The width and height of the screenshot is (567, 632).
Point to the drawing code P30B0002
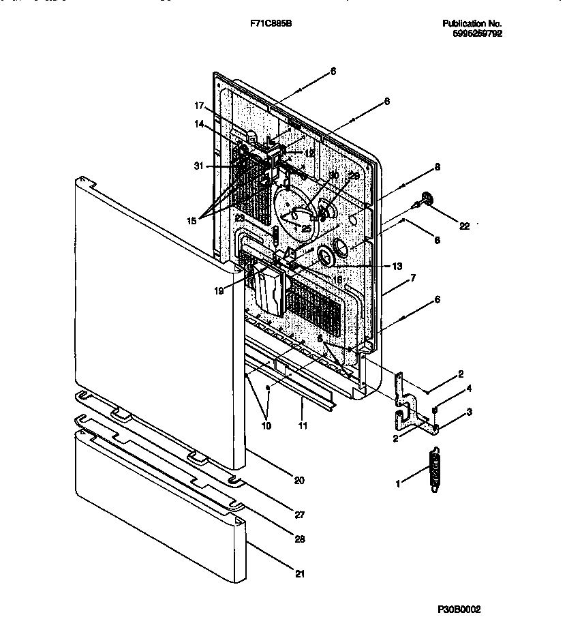(x=459, y=610)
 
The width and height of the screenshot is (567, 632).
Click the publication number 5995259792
(x=477, y=33)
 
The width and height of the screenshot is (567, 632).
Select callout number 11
(x=303, y=425)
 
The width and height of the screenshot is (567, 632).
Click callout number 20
(x=299, y=480)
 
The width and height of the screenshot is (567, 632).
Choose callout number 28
(x=301, y=539)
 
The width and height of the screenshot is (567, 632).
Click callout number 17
(x=199, y=106)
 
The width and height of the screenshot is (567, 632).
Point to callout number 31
(x=198, y=165)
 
